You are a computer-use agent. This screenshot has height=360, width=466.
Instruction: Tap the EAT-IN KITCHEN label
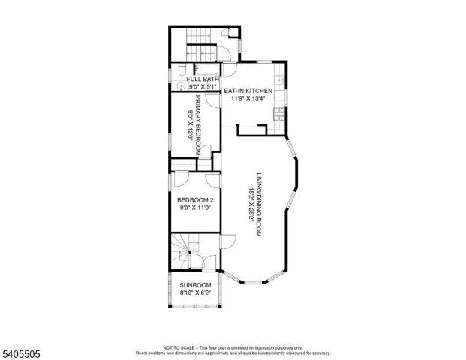point(249,91)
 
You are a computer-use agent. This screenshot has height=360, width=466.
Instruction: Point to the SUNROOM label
point(195,286)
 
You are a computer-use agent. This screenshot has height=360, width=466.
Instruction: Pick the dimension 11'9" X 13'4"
point(249,99)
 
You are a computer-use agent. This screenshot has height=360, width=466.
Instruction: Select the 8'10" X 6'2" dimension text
point(195,294)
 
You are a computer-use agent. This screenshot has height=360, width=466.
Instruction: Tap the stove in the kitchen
point(279,114)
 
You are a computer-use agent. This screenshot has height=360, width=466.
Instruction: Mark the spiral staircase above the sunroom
point(182,250)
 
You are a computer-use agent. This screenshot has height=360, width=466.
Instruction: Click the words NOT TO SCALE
point(178,347)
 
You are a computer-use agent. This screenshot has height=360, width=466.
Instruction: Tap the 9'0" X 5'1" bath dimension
point(203,87)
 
